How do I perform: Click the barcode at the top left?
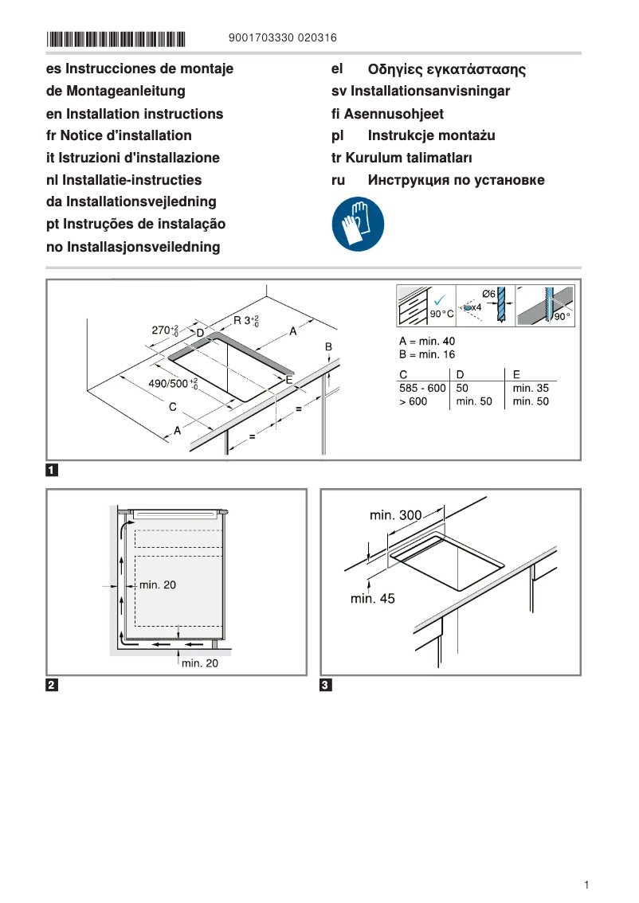116,38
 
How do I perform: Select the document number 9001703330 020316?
282,37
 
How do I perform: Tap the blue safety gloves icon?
358,225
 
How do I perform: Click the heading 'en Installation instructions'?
135,114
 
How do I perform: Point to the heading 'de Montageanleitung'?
116,92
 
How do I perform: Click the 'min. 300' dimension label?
395,515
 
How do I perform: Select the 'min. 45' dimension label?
372,598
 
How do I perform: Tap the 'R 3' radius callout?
245,320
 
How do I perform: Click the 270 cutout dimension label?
165,330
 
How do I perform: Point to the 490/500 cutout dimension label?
173,384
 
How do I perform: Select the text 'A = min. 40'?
427,341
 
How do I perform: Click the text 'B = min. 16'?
427,354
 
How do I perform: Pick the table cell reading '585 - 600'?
422,388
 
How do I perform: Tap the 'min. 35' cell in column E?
531,388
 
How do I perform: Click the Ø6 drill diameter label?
489,294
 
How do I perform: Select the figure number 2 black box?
52,686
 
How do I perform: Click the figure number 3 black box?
326,686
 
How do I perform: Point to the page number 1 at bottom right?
586,885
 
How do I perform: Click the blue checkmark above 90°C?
437,299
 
